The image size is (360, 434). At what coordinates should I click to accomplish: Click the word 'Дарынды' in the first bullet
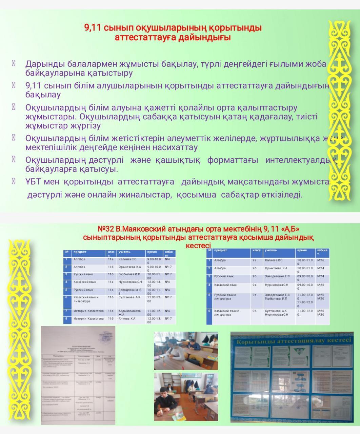click(x=41, y=64)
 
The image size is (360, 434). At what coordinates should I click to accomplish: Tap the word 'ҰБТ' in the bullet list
click(x=33, y=182)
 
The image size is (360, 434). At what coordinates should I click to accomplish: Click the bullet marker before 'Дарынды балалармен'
click(x=14, y=63)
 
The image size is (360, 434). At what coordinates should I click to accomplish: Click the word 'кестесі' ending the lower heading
click(x=198, y=245)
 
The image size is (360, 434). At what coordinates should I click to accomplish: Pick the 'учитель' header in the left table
click(x=125, y=252)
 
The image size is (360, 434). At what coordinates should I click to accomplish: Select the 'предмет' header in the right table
click(x=221, y=251)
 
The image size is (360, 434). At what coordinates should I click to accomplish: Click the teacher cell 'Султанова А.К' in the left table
click(x=129, y=297)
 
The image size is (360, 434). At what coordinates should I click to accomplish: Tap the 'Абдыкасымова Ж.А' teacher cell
click(x=129, y=312)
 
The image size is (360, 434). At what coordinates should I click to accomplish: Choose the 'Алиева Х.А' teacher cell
click(x=126, y=319)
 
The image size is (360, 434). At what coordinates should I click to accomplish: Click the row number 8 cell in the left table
click(x=67, y=319)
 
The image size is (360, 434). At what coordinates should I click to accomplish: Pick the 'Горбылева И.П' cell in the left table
click(x=129, y=274)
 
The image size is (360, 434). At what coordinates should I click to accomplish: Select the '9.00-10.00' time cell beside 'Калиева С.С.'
click(x=154, y=261)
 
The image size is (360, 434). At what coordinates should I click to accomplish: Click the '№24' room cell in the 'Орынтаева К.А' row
click(x=321, y=268)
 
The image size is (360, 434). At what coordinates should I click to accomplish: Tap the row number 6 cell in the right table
click(x=209, y=311)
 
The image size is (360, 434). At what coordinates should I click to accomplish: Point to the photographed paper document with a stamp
click(x=78, y=375)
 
